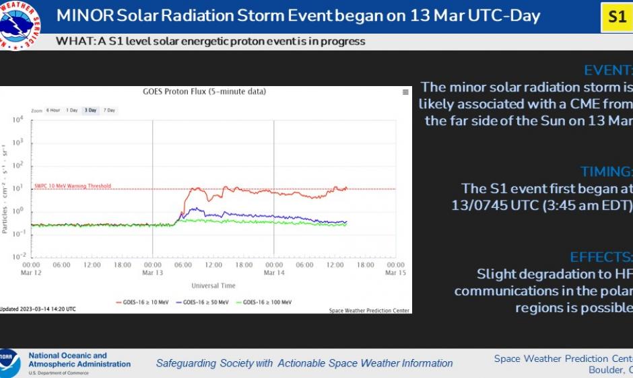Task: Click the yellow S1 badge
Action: click(x=616, y=17)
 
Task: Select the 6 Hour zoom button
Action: click(x=53, y=110)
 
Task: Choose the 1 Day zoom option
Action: click(x=71, y=110)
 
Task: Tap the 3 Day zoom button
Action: click(x=90, y=110)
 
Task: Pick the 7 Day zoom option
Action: click(x=109, y=110)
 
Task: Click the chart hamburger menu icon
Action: click(x=405, y=92)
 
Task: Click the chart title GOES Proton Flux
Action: click(x=204, y=91)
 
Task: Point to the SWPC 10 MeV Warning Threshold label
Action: click(x=72, y=186)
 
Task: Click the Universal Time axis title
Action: click(x=213, y=286)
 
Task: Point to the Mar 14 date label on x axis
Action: click(x=274, y=273)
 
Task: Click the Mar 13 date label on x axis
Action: click(x=153, y=273)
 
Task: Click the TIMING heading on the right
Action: click(x=606, y=171)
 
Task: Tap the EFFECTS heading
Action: click(x=601, y=257)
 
